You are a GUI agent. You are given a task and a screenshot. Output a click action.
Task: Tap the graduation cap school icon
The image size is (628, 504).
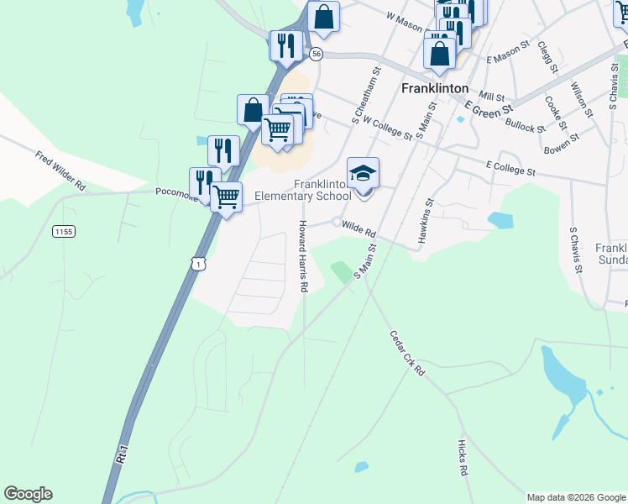[x=364, y=174]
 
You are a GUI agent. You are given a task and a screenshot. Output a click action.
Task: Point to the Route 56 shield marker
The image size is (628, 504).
[x=316, y=53]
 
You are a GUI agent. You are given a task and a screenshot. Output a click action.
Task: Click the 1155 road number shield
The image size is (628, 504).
[x=63, y=231]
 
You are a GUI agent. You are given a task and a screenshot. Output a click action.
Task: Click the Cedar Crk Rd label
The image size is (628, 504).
[x=407, y=353]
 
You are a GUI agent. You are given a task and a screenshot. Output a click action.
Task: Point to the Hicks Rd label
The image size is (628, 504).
[x=463, y=457]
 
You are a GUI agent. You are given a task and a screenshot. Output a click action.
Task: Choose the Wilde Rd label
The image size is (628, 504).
[x=358, y=228]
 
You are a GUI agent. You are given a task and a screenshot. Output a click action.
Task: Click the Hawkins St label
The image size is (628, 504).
[x=423, y=223]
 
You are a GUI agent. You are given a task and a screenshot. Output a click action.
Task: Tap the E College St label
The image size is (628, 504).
[x=510, y=171]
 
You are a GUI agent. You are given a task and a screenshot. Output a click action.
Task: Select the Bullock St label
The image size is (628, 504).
[x=525, y=125]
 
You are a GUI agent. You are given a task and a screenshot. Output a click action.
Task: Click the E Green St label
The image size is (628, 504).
[x=489, y=109]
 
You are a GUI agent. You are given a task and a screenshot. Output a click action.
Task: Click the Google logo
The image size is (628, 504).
[x=28, y=494]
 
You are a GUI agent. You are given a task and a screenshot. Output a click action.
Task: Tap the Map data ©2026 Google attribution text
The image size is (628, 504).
[x=576, y=497]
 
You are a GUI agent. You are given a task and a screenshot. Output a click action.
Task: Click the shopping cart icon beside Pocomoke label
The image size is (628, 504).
[x=226, y=197]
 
